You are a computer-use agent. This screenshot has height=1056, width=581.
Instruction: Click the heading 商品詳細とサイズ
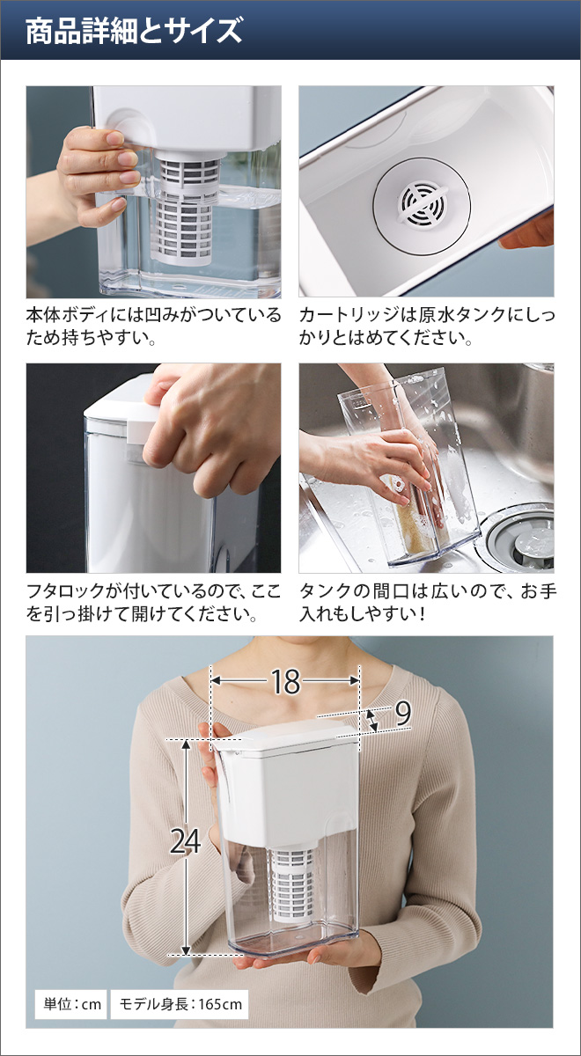pos(133,32)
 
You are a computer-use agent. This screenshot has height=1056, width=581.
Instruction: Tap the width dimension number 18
pos(285,681)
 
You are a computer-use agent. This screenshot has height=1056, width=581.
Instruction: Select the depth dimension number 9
pos(402,713)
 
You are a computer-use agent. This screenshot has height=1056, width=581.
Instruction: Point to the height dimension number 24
pos(185,842)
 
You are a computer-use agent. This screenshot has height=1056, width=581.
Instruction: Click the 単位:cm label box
pos(70,1003)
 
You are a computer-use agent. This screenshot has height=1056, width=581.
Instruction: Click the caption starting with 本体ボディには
pos(153,326)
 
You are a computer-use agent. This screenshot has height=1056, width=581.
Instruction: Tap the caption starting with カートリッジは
pos(427,326)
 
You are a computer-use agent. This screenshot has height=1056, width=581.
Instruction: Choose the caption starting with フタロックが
pos(153,602)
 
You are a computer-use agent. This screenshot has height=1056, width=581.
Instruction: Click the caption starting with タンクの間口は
pos(427,602)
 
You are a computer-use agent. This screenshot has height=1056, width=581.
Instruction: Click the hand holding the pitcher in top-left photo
pos(92,172)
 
